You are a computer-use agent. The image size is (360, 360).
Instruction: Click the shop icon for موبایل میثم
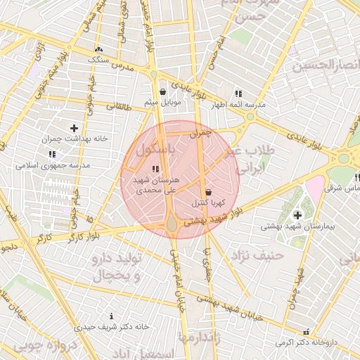163,91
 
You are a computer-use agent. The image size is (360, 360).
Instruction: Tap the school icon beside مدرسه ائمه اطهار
238,93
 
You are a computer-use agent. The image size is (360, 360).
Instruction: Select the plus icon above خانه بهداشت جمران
74,128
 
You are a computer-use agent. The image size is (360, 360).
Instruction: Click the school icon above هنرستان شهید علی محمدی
155,169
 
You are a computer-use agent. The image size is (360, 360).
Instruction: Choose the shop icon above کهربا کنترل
208,192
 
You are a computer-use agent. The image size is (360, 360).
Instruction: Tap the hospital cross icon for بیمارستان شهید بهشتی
297,214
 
